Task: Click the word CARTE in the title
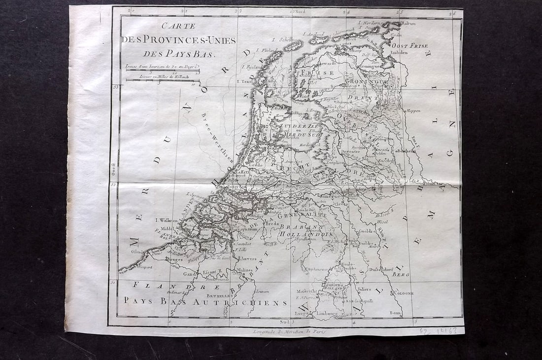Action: (179, 26)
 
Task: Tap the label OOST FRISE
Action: (409, 45)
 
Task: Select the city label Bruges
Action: (174, 259)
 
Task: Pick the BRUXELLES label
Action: (219, 295)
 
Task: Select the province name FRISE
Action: (322, 73)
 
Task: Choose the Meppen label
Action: (412, 111)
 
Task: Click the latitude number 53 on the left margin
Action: (116, 87)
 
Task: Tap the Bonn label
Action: (395, 312)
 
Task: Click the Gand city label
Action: (187, 274)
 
